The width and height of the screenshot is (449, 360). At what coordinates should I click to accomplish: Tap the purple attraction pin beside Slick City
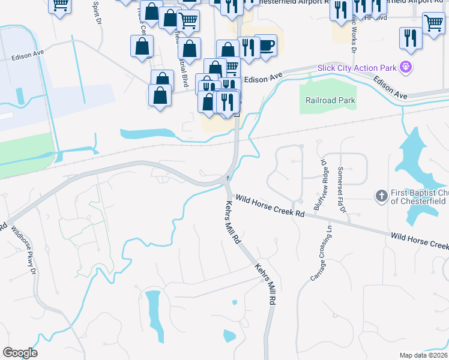[406, 67]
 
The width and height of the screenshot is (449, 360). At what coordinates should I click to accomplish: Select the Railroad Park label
[330, 101]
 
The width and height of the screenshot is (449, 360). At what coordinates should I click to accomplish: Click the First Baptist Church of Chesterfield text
[418, 197]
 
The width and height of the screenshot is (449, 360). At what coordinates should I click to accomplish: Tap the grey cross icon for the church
[381, 196]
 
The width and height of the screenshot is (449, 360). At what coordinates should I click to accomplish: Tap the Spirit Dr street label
[96, 12]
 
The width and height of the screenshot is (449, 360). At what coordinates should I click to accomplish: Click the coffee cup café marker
[265, 44]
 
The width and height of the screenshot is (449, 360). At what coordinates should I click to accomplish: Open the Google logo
[20, 353]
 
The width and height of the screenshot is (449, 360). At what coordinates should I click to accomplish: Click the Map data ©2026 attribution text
[423, 355]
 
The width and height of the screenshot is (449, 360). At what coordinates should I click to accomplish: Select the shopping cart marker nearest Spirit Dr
[60, 4]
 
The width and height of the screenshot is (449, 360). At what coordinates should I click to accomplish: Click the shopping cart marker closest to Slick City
[433, 23]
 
